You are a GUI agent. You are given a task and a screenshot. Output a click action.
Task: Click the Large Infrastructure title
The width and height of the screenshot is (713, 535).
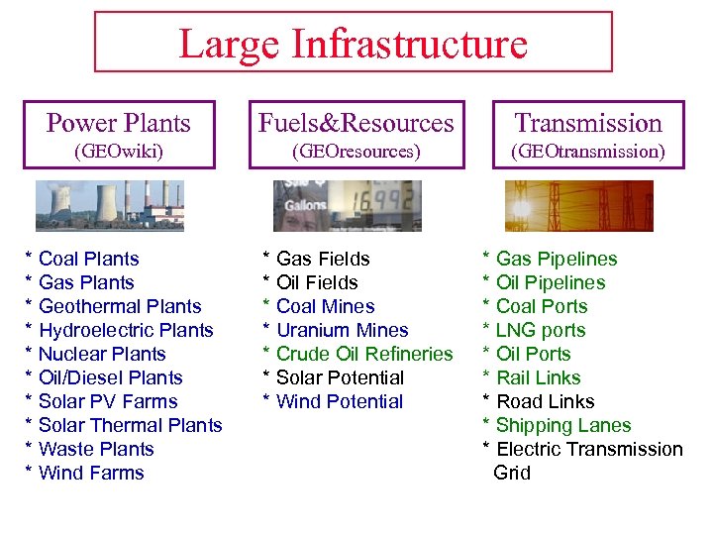(353, 44)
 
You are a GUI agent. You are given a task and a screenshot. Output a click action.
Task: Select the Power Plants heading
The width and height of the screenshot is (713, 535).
(119, 123)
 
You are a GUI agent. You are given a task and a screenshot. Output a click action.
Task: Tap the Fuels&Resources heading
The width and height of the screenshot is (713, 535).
(356, 123)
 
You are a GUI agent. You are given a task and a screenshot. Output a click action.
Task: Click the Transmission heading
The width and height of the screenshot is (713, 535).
(588, 123)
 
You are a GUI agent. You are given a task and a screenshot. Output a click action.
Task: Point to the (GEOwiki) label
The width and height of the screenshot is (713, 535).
(119, 152)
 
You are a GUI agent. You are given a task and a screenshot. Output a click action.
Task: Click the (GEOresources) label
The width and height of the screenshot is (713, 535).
(356, 152)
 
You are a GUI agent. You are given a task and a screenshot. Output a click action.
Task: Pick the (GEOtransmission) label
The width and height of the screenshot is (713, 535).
(588, 152)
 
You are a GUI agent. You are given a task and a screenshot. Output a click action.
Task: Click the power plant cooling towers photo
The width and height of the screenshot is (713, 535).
(110, 206)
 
